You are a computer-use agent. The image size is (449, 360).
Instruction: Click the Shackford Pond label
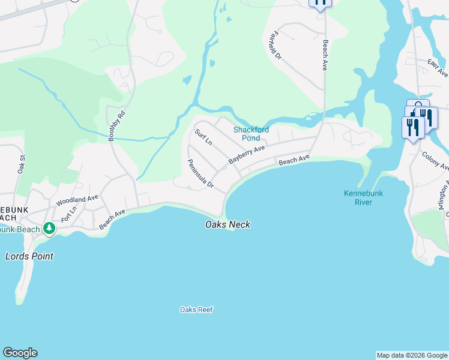[x=251, y=134]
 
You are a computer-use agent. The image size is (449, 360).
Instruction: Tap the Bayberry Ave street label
[x=246, y=155]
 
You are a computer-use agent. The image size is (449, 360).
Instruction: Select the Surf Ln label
[x=203, y=137]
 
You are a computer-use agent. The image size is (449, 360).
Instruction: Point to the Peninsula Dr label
[x=200, y=174]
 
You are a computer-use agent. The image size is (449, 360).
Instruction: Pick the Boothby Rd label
[x=116, y=126]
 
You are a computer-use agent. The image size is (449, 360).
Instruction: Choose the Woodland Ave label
[x=77, y=200]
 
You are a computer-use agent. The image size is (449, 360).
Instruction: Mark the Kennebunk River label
[x=363, y=197]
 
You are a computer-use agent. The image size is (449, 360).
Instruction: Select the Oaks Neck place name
[x=228, y=225]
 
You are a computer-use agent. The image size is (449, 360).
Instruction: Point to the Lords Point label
[x=29, y=256]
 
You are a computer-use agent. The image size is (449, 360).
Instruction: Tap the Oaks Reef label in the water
[x=196, y=310]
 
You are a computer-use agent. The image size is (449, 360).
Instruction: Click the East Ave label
[x=437, y=68]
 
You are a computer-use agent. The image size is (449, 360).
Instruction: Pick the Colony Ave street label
[x=435, y=160]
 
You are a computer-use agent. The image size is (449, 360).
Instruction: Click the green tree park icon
[x=49, y=229]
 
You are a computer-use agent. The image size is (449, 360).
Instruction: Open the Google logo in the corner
[x=20, y=353]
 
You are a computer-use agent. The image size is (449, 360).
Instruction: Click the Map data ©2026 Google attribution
[x=412, y=355]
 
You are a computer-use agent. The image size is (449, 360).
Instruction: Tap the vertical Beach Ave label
[x=325, y=56]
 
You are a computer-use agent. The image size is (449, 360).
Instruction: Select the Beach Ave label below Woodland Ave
[x=112, y=219]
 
